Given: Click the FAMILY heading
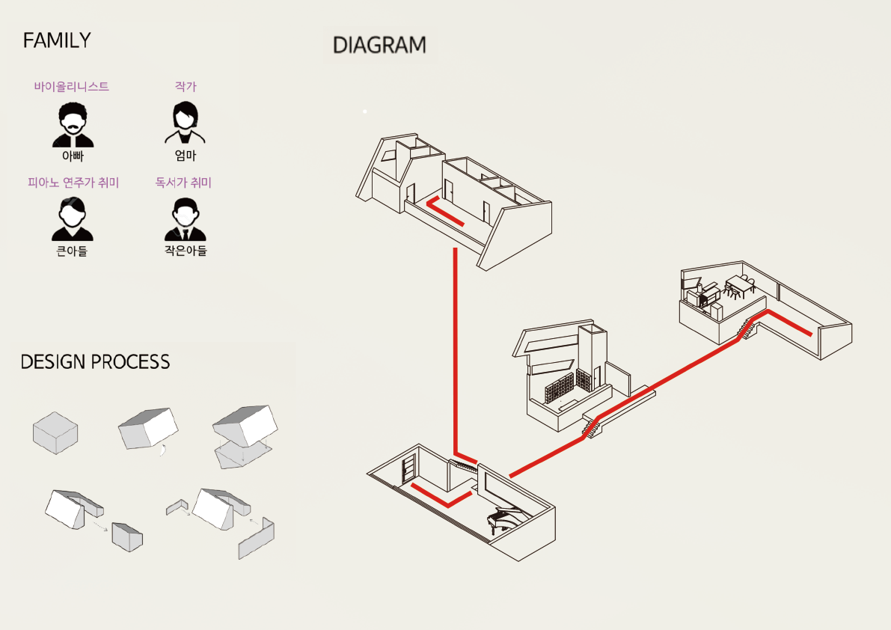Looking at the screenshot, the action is [57, 40].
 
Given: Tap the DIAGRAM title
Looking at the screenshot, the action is [379, 45].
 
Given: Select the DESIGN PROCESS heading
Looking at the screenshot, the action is [95, 362].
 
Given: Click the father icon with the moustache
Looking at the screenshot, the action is [73, 125].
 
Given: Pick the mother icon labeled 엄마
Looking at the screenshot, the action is [186, 123].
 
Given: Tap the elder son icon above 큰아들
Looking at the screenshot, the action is [72, 218].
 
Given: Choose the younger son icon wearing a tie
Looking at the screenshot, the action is [186, 219].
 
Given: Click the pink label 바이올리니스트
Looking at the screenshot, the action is [72, 86].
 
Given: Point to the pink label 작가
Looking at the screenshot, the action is [186, 86].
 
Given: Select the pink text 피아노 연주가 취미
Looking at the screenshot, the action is [73, 183].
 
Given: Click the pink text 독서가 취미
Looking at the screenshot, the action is [183, 183].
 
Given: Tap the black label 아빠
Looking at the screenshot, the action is [73, 156].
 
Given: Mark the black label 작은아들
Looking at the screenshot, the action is [186, 250].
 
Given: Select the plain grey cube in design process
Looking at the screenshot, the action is [55, 433].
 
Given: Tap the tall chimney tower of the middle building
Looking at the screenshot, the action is [593, 352].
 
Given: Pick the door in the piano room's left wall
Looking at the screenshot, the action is [408, 471].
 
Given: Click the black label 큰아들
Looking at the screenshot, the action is [72, 251].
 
